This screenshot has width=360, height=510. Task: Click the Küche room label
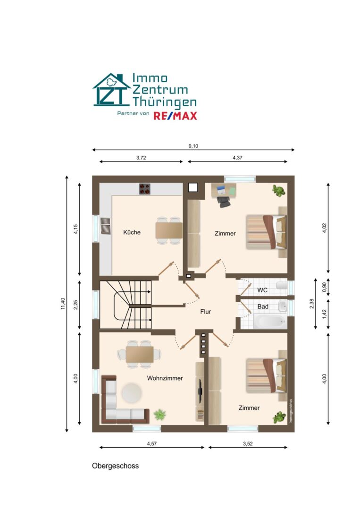(x=132, y=232)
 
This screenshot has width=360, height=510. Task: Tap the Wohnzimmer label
(x=165, y=378)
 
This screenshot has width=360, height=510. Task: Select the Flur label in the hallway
(x=205, y=312)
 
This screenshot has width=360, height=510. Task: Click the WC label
(x=262, y=290)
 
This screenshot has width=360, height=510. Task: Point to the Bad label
(x=263, y=306)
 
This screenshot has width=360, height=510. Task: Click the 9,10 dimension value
(x=193, y=146)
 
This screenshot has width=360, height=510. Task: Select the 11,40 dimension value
(x=63, y=304)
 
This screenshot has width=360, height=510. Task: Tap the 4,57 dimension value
(x=152, y=443)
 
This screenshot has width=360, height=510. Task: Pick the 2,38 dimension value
(x=311, y=304)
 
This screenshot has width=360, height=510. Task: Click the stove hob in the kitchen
(x=144, y=188)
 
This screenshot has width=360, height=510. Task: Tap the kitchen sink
(x=105, y=226)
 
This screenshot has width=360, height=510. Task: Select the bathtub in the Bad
(x=270, y=321)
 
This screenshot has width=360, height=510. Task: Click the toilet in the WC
(x=281, y=286)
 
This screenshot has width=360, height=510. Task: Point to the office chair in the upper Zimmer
(x=224, y=201)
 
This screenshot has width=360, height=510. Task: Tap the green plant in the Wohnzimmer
(x=159, y=415)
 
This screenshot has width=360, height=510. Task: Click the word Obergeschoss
(x=115, y=466)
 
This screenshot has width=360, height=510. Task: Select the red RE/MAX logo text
(x=175, y=116)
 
